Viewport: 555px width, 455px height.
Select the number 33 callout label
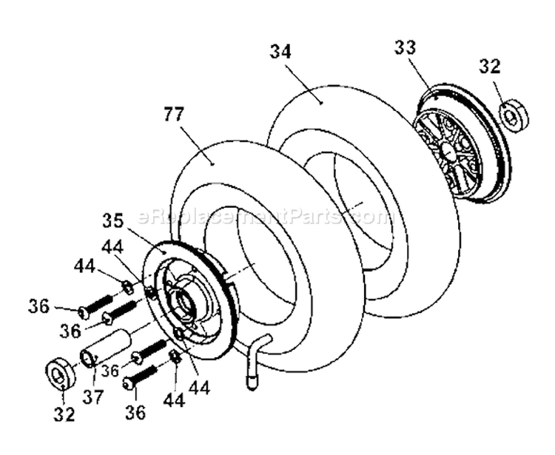(x=405, y=47)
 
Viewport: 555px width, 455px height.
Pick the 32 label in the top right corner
(x=489, y=67)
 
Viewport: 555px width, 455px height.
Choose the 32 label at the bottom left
(x=64, y=415)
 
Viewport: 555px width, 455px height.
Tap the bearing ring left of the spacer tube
(x=59, y=374)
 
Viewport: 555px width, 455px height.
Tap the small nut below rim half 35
(x=175, y=357)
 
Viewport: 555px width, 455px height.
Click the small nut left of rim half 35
(x=127, y=286)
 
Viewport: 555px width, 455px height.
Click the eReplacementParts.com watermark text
(x=263, y=217)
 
